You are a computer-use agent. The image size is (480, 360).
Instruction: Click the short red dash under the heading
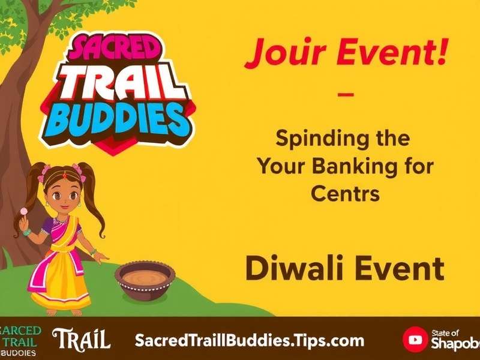click(346, 95)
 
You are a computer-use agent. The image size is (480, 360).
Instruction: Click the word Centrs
click(345, 194)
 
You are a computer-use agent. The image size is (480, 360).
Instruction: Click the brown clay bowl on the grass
click(145, 280)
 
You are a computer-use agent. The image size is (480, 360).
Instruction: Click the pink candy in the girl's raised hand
click(24, 211)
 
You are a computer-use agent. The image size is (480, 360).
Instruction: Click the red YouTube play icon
click(415, 340)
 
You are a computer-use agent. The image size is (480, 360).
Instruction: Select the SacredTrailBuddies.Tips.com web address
click(249, 340)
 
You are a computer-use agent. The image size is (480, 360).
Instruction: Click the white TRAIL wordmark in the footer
click(81, 340)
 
